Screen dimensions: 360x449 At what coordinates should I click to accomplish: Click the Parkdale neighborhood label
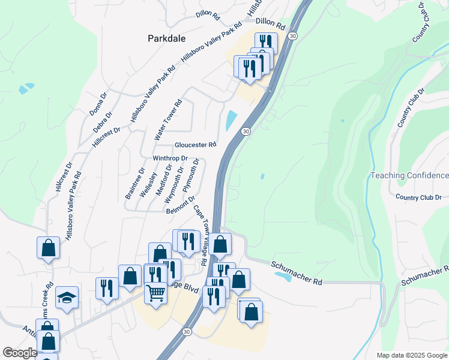[167, 38]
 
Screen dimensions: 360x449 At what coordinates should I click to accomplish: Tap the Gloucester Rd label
[195, 145]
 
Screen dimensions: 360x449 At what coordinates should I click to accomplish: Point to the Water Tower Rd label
[167, 121]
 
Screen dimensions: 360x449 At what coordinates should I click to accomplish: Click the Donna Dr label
[98, 103]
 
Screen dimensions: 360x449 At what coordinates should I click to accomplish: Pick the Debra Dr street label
[103, 123]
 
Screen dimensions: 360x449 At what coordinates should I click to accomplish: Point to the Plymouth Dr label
[190, 174]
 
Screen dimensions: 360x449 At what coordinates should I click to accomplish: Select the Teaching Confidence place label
[409, 175]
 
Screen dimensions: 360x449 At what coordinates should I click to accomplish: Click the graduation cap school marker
[67, 296]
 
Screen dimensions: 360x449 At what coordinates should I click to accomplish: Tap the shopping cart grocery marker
[155, 293]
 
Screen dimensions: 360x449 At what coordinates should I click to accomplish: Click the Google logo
[20, 353]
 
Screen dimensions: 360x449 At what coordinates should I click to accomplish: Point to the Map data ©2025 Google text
[411, 355]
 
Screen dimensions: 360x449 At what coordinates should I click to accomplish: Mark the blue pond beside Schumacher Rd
[283, 277]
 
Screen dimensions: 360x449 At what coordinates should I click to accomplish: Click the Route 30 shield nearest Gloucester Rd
[246, 131]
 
